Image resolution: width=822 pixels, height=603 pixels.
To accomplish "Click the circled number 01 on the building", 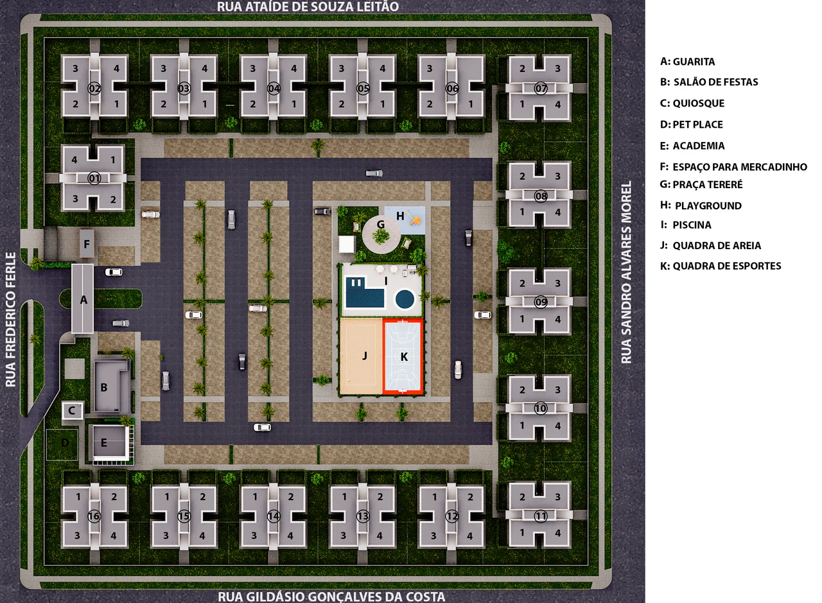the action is click(x=94, y=179).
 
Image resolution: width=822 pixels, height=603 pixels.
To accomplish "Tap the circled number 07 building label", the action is click(x=541, y=89).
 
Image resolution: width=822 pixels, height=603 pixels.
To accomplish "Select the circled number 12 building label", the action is click(x=452, y=516).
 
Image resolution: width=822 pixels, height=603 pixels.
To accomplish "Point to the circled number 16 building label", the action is click(x=94, y=516).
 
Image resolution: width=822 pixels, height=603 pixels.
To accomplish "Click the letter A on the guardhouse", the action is click(x=83, y=300).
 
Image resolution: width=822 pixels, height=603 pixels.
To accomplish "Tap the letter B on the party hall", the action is click(x=104, y=387).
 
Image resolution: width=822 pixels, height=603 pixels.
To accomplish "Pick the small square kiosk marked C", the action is click(x=72, y=410).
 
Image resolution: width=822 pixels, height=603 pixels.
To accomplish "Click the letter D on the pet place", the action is click(x=65, y=442).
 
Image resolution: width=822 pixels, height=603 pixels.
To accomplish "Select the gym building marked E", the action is click(x=110, y=443).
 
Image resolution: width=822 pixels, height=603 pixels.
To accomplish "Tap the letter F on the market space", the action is click(x=87, y=244).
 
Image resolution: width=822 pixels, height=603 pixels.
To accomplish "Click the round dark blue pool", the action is click(x=405, y=299).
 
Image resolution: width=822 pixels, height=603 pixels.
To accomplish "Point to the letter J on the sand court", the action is click(x=364, y=355).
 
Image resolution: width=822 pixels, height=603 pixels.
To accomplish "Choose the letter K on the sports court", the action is click(x=404, y=356).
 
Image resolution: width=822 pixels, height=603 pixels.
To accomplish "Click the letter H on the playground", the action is click(x=400, y=216).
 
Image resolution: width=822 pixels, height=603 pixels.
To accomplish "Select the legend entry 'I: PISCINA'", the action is click(x=685, y=225).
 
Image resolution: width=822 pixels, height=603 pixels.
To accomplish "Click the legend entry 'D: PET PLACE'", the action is click(x=692, y=125).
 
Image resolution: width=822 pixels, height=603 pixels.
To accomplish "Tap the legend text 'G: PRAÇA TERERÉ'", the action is click(x=701, y=184).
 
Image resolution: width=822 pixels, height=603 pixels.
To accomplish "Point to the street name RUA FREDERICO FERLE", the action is click(x=11, y=319).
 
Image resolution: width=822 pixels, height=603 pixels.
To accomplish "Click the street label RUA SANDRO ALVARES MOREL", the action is click(x=626, y=272).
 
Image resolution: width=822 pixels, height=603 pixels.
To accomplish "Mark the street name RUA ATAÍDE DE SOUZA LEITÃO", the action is click(x=308, y=6).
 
